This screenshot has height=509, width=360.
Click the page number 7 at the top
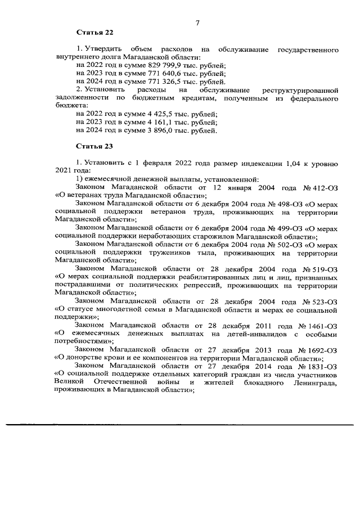pyautogui.click(x=197, y=22)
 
